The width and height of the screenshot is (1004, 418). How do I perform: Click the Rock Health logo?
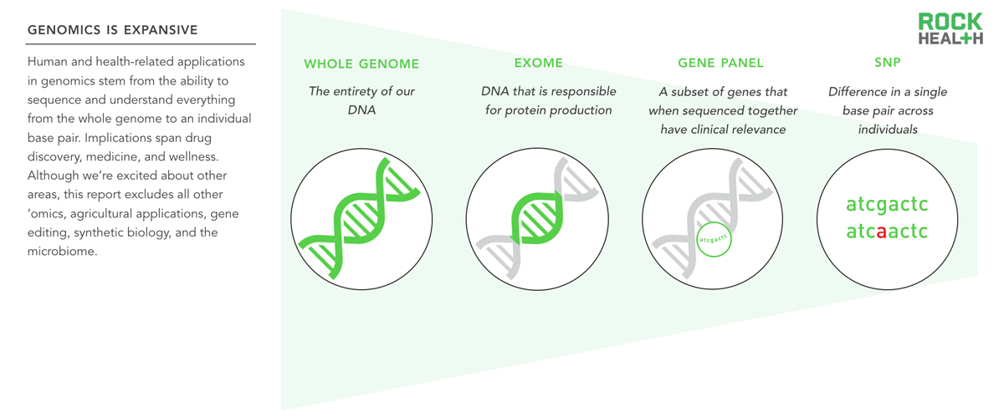950,28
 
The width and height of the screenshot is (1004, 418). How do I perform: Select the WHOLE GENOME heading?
361,64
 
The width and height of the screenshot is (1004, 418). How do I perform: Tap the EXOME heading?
538,64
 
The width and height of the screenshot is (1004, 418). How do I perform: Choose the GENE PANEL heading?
720,64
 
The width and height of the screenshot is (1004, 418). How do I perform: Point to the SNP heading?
888,62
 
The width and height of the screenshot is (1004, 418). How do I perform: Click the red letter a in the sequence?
881,232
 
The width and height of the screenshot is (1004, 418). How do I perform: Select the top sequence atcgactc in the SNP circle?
887,205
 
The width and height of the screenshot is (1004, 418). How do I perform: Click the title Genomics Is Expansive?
112,30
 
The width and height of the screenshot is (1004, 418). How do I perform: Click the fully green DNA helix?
359,218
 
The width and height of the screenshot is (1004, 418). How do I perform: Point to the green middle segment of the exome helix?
536,218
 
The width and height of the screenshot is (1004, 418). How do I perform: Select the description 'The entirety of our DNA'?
361,100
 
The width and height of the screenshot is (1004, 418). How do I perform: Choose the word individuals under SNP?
888,130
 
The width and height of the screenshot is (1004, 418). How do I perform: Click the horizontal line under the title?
141,44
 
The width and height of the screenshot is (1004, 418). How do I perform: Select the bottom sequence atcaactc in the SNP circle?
887,232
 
